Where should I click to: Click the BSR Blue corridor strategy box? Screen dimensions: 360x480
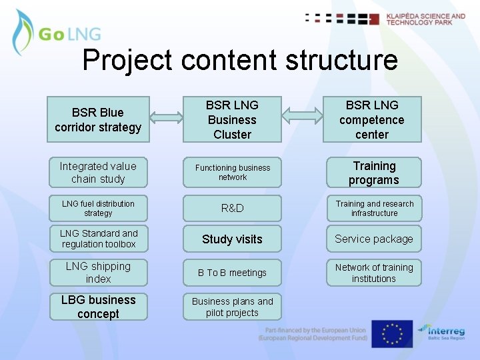coord(98,119)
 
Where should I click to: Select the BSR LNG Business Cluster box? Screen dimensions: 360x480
coord(232,119)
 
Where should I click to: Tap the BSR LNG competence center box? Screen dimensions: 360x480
coord(372,119)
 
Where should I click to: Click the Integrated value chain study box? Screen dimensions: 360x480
coord(98,173)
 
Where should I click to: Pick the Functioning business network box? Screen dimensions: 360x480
coord(232,173)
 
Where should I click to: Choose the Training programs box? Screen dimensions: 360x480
coord(374,173)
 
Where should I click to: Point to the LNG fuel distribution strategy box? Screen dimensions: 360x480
coord(98,209)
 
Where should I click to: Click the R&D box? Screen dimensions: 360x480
coord(232,209)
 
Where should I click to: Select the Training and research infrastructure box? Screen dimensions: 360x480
coord(374,209)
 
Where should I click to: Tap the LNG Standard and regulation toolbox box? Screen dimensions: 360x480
coord(98,239)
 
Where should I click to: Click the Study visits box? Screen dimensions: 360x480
coord(232,239)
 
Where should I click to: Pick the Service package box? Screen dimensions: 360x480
coord(374,239)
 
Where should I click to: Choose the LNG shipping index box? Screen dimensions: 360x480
coord(98,273)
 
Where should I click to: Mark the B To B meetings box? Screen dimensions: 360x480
coord(232,273)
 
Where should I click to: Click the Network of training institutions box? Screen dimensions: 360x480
coord(374,273)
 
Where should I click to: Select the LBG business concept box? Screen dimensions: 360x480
coord(98,307)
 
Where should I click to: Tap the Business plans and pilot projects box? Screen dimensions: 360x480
coord(232,307)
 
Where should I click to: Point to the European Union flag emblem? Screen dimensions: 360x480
coord(392,334)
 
